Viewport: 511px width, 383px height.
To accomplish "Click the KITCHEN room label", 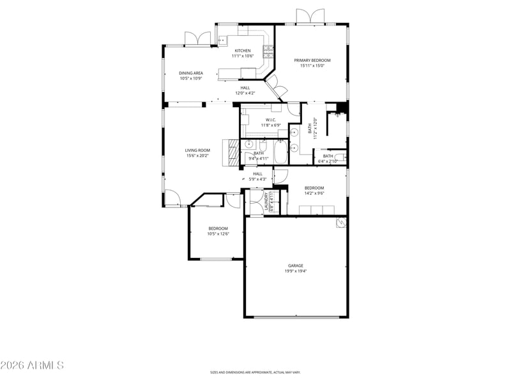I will click(x=242, y=50).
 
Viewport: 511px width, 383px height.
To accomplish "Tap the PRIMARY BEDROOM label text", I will click(x=312, y=60).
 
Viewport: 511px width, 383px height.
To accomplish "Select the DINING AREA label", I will click(x=190, y=73).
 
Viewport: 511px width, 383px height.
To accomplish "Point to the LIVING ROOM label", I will click(x=197, y=150).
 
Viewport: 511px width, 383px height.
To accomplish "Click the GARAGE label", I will click(x=294, y=266).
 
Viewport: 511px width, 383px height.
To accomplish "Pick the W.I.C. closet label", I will click(x=270, y=119).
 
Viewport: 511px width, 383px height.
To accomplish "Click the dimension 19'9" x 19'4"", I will click(x=294, y=271).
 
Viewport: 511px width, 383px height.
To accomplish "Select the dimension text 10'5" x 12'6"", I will click(x=218, y=234).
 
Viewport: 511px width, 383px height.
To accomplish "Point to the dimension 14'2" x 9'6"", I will click(x=314, y=193).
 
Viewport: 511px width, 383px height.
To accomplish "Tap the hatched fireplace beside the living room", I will click(x=229, y=153).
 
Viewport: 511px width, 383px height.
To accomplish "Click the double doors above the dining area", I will click(x=197, y=39).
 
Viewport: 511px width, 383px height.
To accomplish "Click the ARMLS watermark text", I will click(x=32, y=366).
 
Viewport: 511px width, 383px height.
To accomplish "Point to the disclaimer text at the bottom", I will click(x=256, y=372).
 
